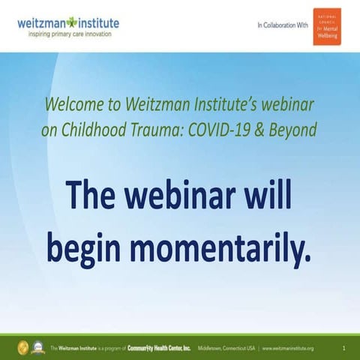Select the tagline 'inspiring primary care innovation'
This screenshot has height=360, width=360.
pyautogui.click(x=68, y=34)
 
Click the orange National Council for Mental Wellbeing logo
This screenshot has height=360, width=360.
pyautogui.click(x=326, y=26)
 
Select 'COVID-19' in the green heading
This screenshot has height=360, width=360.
pyautogui.click(x=219, y=129)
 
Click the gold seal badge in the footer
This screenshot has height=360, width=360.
pyautogui.click(x=20, y=348)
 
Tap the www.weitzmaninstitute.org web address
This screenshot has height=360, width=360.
pyautogui.click(x=288, y=348)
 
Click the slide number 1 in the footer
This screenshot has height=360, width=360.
pyautogui.click(x=343, y=348)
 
